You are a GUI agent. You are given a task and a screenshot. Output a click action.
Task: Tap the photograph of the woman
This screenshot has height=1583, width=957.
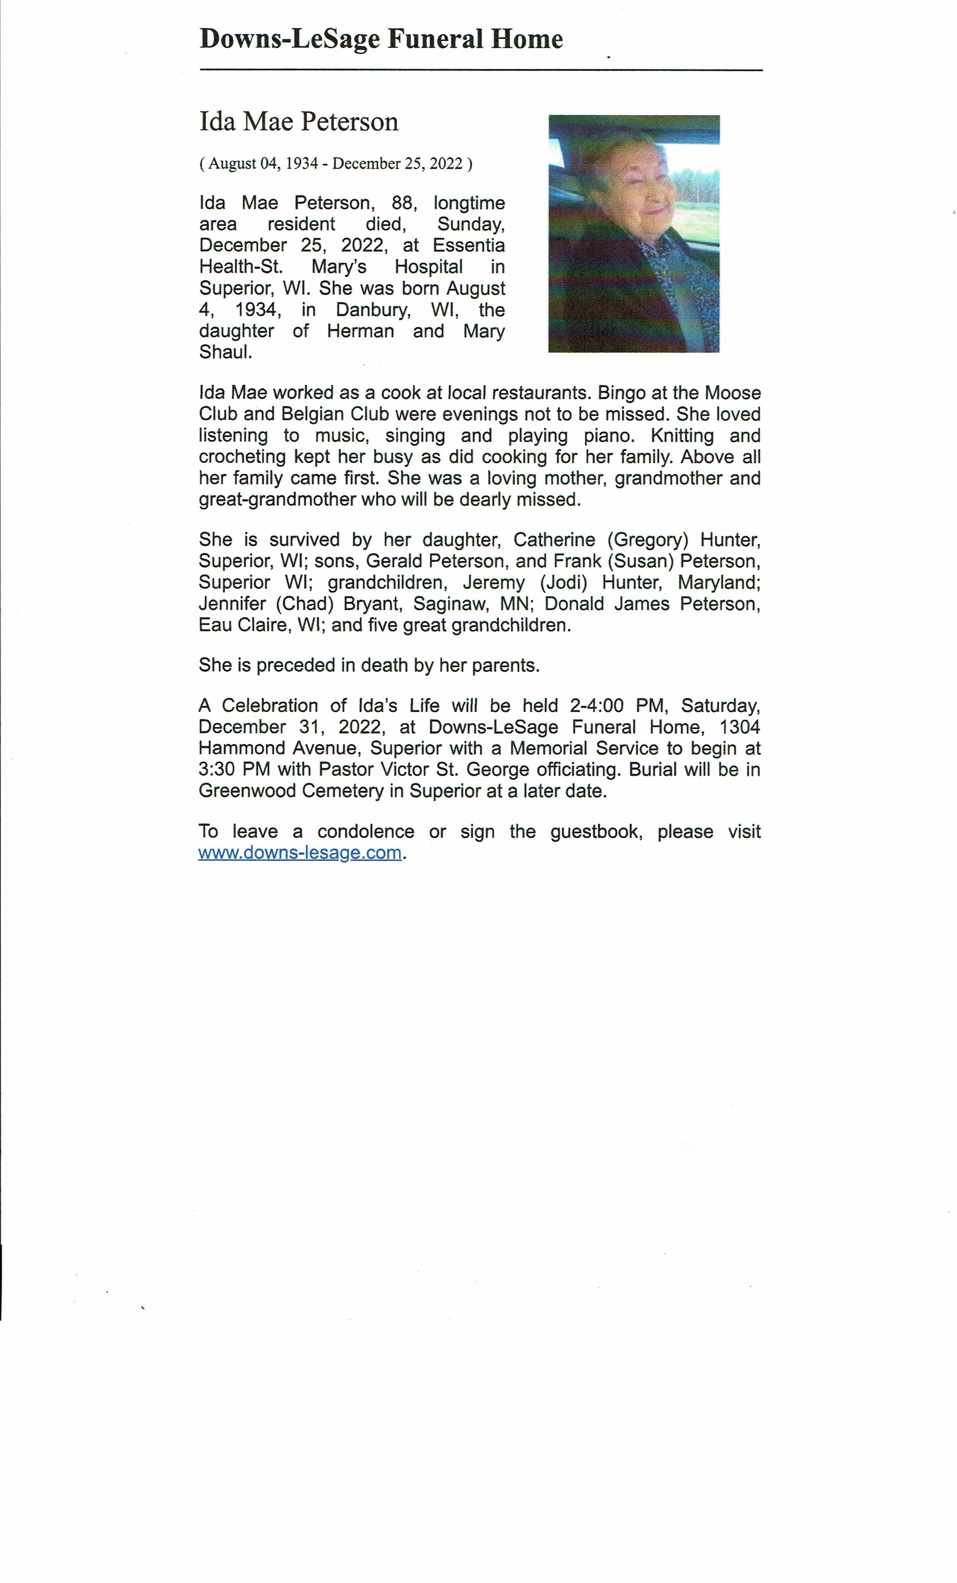[633, 234]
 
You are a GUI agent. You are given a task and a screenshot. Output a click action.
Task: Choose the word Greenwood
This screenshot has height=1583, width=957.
[247, 791]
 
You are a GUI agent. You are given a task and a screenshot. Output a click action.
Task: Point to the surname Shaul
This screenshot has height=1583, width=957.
[225, 353]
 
